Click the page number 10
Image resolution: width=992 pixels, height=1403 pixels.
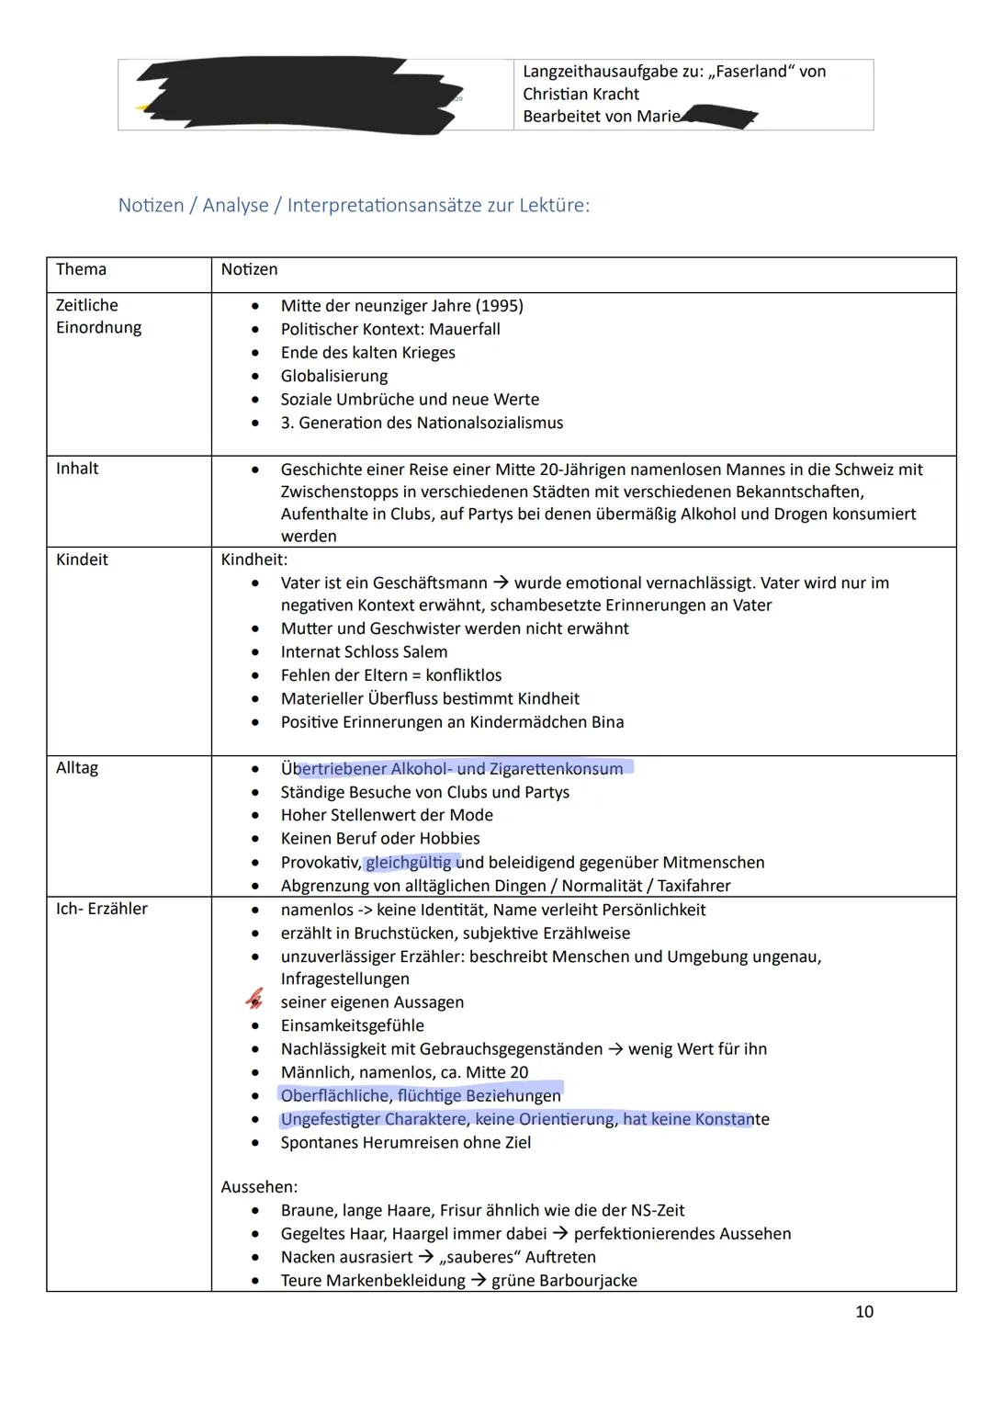coord(863,1312)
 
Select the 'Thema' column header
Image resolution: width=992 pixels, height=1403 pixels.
coord(81,269)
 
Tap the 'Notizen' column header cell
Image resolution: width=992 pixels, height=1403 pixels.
coord(249,269)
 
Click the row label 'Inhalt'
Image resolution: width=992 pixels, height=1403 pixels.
coord(77,469)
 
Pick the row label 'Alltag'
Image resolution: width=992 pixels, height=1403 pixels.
coord(77,768)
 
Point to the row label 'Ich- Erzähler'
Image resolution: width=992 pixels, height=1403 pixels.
coord(102,909)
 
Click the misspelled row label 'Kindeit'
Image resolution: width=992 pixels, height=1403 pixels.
coord(82,560)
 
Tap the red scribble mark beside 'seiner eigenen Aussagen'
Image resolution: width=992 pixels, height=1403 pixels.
coord(254,1000)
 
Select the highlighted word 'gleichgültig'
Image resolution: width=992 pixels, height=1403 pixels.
coord(409,863)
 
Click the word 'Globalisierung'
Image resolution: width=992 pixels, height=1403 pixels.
coord(334,376)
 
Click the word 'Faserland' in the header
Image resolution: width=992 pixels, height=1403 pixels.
coord(753,72)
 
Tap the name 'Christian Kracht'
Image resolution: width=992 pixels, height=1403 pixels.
coord(581,94)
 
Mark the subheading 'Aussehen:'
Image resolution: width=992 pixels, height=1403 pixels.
coord(259,1187)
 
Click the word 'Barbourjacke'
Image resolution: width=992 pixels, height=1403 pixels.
coord(592,1281)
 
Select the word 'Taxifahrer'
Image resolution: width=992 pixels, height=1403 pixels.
coord(693,886)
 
